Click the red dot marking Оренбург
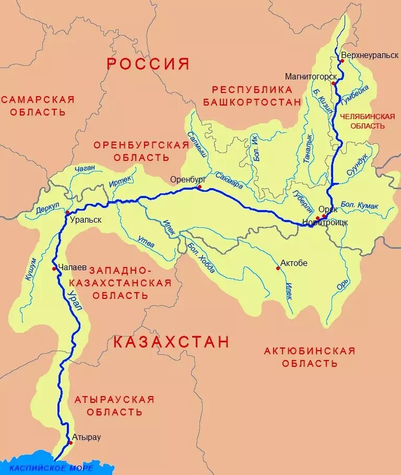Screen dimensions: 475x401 199,187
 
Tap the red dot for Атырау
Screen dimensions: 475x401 70,443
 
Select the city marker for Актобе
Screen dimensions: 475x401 278,269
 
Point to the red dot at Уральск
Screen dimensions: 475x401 67,213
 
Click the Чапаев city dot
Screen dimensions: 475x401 54,269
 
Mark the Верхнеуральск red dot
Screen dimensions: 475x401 342,61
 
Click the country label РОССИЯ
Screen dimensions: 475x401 148,64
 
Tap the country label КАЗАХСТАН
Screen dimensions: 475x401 171,342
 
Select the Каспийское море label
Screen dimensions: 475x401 51,468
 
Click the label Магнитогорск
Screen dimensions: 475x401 311,76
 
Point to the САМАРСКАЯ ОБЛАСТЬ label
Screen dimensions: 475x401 38,106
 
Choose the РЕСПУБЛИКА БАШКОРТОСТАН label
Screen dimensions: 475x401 252,95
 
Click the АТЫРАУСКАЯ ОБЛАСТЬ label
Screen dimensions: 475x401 114,406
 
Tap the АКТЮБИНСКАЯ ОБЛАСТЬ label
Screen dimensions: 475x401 310,356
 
